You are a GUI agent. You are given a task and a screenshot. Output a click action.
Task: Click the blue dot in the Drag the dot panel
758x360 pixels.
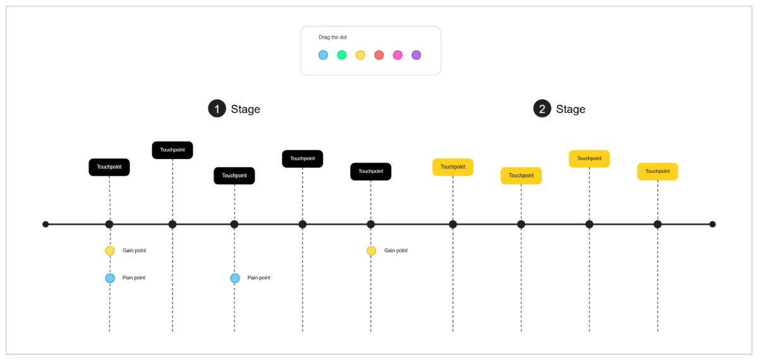coord(323,55)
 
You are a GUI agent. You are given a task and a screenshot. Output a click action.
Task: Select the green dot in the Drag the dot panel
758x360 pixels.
coord(342,55)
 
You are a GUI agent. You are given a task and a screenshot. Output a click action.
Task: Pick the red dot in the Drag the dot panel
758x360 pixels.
coord(379,55)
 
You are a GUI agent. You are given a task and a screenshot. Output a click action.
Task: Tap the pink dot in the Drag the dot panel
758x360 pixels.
coord(397,55)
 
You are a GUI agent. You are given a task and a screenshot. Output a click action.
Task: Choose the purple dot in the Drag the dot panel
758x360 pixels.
coord(416,55)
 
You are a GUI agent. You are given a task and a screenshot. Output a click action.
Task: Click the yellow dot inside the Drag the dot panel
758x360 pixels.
coord(360,55)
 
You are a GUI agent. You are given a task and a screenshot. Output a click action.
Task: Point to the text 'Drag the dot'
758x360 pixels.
coord(332,37)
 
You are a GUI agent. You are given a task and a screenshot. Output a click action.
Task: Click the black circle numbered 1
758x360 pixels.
coord(217,109)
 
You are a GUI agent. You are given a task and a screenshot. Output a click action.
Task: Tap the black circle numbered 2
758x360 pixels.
coord(542,109)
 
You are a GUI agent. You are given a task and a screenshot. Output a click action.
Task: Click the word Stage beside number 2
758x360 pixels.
coord(570,109)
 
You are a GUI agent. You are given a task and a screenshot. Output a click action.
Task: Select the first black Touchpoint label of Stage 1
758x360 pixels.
coord(109,167)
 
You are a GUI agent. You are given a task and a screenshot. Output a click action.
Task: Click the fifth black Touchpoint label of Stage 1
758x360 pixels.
coord(371,171)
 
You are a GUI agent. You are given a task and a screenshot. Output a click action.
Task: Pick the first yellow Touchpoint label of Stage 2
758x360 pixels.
coord(453,167)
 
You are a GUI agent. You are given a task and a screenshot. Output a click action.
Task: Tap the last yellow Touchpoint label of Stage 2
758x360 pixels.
coord(658,171)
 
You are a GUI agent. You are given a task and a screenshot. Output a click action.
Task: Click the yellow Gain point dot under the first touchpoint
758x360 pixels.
coord(110,251)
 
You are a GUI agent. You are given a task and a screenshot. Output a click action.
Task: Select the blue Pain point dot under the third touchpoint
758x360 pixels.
coord(235,278)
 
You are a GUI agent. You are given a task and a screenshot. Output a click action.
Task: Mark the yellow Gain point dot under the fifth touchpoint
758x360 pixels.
coord(371,251)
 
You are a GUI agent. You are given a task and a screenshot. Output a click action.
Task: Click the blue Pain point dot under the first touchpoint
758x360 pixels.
coord(110,278)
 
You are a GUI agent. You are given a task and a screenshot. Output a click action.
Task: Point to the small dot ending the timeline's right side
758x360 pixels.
coord(713,224)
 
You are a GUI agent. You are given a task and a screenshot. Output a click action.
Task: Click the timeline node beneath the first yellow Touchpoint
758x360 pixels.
coord(453,224)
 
